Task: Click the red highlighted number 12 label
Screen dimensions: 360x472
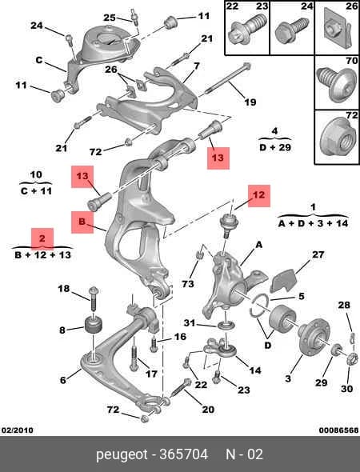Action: [259, 196]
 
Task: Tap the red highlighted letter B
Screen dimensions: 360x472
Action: [82, 222]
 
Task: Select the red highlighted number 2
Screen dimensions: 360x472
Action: [42, 238]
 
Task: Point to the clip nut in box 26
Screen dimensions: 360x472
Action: [338, 29]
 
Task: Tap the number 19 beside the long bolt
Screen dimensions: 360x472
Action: [250, 102]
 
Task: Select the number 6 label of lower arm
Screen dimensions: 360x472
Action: [62, 380]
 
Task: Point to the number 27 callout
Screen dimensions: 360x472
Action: [318, 254]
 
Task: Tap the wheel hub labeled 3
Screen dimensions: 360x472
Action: [311, 334]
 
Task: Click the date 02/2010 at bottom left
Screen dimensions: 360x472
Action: [18, 430]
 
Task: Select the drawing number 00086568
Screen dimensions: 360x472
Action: [338, 430]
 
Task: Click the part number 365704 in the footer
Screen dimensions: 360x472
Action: [183, 454]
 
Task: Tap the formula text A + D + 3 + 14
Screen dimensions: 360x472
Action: [314, 223]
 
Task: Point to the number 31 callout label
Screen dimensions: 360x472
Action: [190, 323]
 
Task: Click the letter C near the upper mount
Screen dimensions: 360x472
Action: [39, 60]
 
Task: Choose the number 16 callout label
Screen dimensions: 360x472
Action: [180, 336]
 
